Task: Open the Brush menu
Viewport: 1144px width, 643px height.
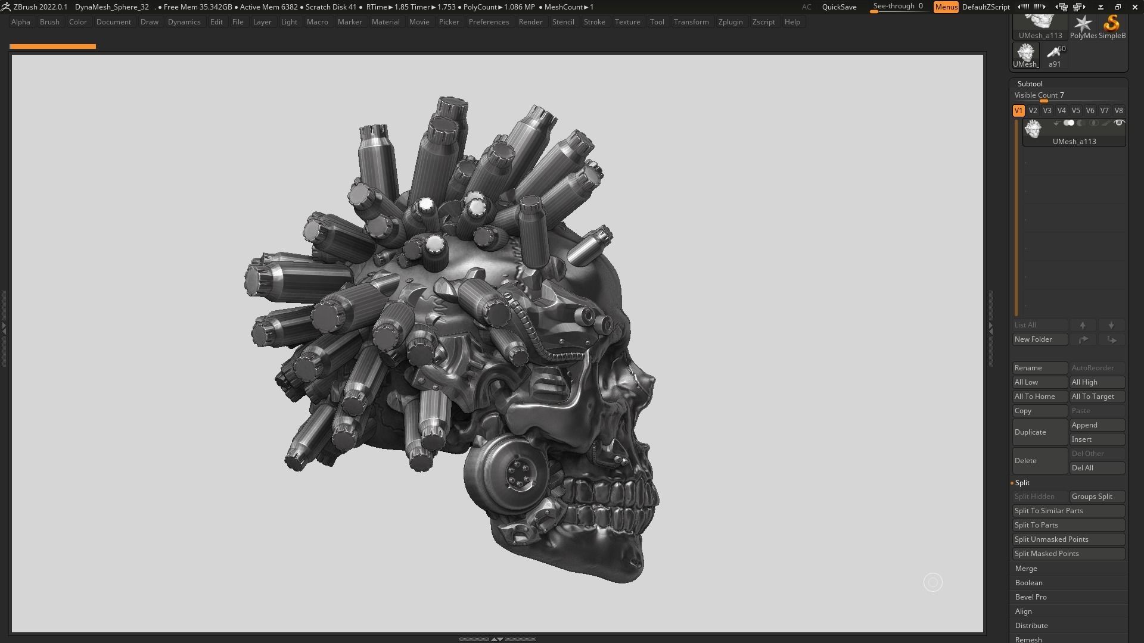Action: click(x=49, y=22)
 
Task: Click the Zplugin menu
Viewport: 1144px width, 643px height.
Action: click(x=730, y=22)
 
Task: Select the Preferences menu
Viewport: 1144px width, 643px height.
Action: click(x=489, y=22)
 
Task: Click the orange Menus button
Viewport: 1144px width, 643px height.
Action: click(x=946, y=7)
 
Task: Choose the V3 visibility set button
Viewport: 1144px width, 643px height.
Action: click(x=1047, y=111)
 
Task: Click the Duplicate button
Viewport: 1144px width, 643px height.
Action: click(x=1039, y=432)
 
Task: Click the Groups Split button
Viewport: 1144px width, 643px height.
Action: click(x=1096, y=497)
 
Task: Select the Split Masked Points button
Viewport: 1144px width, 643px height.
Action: click(x=1068, y=554)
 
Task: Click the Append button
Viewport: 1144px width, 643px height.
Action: click(x=1096, y=425)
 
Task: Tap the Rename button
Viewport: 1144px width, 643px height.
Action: click(x=1039, y=368)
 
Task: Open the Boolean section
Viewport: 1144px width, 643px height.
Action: click(x=1029, y=583)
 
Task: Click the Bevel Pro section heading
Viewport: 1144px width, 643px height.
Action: click(x=1031, y=597)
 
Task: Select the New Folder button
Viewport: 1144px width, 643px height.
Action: click(x=1039, y=339)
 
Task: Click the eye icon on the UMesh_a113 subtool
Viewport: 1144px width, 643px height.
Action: click(x=1119, y=123)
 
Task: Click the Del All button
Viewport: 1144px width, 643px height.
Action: click(x=1096, y=468)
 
